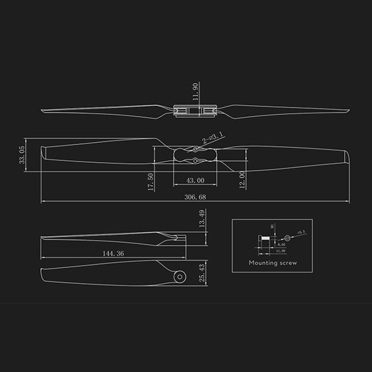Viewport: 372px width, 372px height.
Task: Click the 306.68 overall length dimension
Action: (x=195, y=197)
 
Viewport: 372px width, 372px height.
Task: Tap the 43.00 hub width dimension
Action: (x=195, y=180)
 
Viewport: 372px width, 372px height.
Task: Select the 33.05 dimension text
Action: (x=20, y=154)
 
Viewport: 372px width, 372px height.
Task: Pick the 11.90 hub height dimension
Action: (x=196, y=91)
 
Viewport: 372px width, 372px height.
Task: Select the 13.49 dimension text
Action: (x=201, y=219)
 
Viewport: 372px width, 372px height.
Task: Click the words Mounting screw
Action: (x=272, y=263)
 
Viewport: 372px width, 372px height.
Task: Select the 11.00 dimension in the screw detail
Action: (x=281, y=251)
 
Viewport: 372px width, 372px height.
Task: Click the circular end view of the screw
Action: (x=287, y=238)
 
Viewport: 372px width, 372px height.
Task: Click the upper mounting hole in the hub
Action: (x=195, y=149)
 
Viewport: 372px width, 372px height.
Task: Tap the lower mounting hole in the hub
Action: (x=195, y=161)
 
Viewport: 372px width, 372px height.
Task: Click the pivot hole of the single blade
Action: (x=179, y=277)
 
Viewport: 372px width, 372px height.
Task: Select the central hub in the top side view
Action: (x=195, y=111)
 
